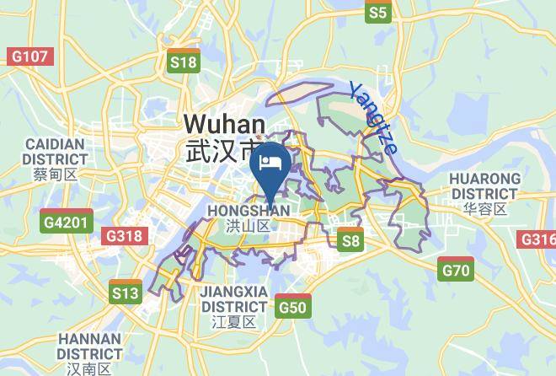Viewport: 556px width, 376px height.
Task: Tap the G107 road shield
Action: click(29, 56)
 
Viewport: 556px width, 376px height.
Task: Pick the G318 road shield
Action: click(123, 236)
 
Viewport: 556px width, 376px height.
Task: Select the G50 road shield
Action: click(292, 306)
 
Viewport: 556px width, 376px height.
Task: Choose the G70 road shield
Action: click(455, 270)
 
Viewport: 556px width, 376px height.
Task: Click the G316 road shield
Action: click(538, 239)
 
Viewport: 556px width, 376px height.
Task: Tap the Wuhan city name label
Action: click(224, 125)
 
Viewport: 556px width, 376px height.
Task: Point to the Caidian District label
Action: click(55, 151)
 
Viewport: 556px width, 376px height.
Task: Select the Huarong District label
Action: click(484, 185)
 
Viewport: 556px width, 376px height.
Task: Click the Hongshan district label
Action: click(248, 210)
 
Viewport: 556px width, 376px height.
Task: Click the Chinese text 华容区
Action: click(484, 208)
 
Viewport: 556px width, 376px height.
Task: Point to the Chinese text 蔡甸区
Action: click(55, 175)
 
